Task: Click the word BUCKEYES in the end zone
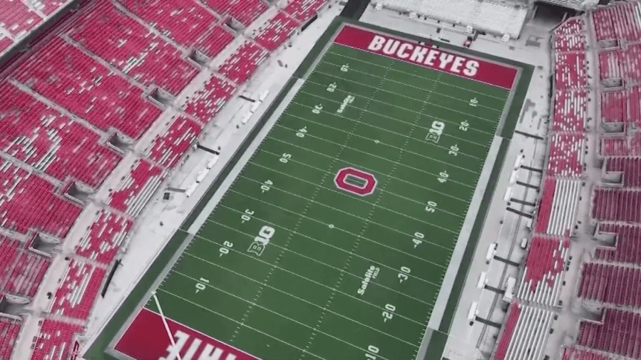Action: (424, 56)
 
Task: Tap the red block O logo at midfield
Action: (355, 181)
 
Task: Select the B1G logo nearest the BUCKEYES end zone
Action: (435, 130)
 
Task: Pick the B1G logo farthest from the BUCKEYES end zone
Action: (261, 240)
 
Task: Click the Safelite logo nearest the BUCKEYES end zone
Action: (344, 105)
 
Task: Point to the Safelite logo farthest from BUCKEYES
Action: (368, 280)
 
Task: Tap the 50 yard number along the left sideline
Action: (285, 158)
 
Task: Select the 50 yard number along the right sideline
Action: (431, 207)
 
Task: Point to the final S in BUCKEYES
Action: (471, 68)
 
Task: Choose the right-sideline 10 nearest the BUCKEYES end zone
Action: (473, 102)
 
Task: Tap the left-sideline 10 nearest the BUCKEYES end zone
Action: (344, 68)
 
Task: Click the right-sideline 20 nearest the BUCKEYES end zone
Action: (464, 125)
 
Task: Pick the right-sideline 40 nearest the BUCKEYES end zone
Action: (443, 177)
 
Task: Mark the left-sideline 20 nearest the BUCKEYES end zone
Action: (332, 87)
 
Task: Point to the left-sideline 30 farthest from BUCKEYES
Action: (247, 215)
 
